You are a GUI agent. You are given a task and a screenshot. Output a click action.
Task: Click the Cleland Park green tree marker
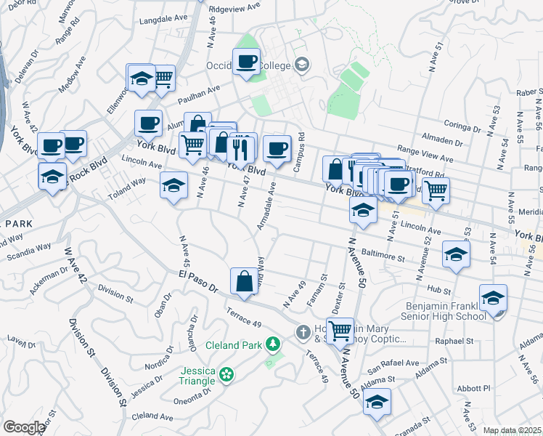[x=273, y=343]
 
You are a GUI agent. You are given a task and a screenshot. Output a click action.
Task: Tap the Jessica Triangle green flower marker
[x=226, y=374]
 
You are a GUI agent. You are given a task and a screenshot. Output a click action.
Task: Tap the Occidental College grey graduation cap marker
[x=301, y=65]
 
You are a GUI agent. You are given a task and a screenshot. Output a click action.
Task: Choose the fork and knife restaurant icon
[x=241, y=148]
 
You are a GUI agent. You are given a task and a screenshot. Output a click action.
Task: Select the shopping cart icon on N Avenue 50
[x=340, y=331]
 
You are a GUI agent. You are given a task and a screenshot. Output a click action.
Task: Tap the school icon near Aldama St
[x=377, y=402]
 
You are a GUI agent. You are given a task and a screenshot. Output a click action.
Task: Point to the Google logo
[x=24, y=427]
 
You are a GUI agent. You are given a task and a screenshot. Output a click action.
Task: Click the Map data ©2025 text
[x=513, y=430]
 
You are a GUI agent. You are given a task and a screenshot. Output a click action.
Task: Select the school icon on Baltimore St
[x=456, y=254]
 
